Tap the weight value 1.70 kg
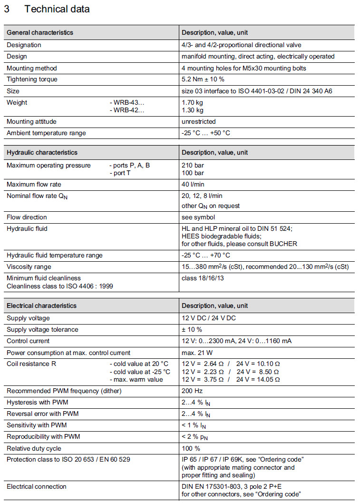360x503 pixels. click(193, 102)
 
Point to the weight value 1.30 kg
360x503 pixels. click(193, 110)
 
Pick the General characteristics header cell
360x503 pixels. click(40, 33)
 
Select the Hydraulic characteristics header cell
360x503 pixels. click(42, 153)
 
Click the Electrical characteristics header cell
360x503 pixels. click(41, 306)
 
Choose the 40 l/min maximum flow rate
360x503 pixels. click(193, 185)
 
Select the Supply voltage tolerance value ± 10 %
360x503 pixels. click(192, 330)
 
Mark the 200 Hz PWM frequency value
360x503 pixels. click(192, 391)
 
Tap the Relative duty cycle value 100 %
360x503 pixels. click(191, 448)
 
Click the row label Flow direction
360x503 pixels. click(27, 217)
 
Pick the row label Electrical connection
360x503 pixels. click(37, 486)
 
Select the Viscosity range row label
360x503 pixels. click(29, 267)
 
